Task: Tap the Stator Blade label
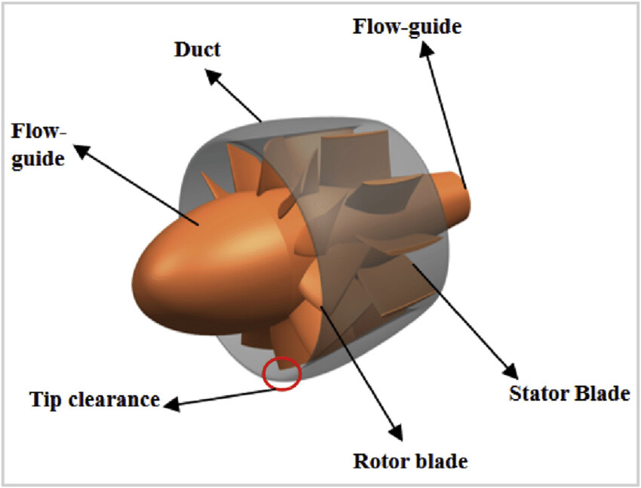pos(569,393)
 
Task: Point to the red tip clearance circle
pos(282,373)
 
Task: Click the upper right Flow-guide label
pos(406,26)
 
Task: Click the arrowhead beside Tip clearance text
pos(171,404)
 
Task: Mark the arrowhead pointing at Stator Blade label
pos(512,372)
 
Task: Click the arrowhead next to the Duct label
pos(213,77)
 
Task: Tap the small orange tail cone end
pos(461,192)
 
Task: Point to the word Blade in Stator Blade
pos(603,393)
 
